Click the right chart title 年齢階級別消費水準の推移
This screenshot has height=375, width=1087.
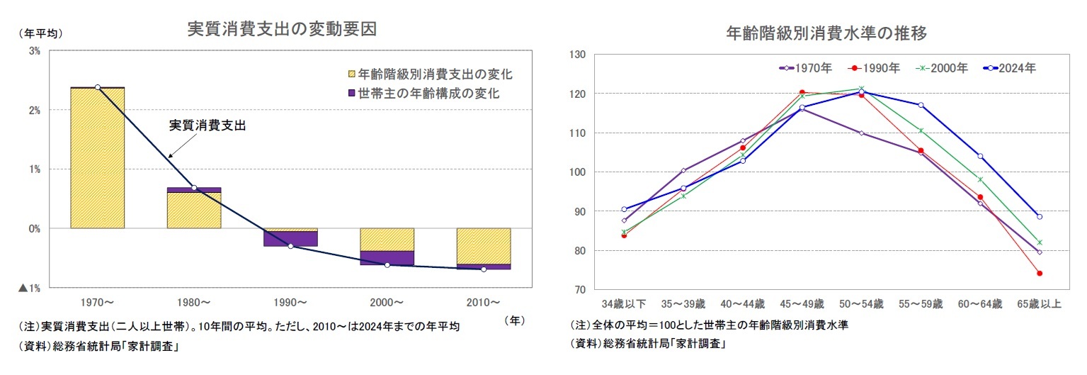pos(826,33)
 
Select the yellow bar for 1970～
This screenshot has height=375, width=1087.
pos(97,158)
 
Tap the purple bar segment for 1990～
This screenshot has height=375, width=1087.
pos(290,239)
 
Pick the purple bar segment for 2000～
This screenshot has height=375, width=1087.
pos(387,258)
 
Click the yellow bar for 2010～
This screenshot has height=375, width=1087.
pos(484,246)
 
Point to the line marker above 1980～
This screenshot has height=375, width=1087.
pos(194,188)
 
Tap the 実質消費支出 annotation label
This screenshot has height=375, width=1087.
pos(210,125)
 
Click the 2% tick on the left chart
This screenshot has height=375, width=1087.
pos(34,111)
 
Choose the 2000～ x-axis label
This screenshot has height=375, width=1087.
pos(387,303)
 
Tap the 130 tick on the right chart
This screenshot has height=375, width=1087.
pos(578,55)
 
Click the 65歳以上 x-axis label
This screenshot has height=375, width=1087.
pos(1039,304)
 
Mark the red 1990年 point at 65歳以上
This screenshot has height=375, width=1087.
pos(1039,273)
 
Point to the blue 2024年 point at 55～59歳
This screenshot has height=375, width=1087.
pos(921,105)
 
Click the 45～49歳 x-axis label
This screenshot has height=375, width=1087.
pos(802,304)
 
